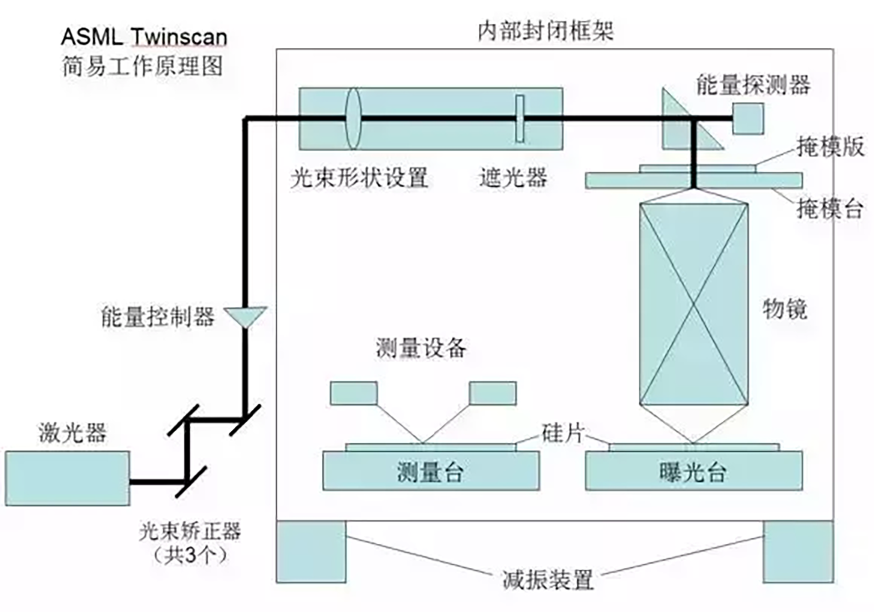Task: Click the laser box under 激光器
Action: click(x=67, y=478)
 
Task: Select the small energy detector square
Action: click(x=748, y=118)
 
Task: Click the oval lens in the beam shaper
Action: click(x=353, y=119)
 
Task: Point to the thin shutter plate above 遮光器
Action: click(x=519, y=119)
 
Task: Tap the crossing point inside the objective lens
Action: click(x=694, y=304)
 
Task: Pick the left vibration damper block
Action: click(x=311, y=551)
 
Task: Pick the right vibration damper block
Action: click(x=798, y=551)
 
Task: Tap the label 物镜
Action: click(x=784, y=309)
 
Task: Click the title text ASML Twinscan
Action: click(x=144, y=37)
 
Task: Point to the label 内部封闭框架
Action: click(x=545, y=31)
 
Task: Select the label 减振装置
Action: click(x=548, y=580)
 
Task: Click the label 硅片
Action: click(x=562, y=433)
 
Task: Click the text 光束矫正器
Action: click(x=189, y=531)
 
